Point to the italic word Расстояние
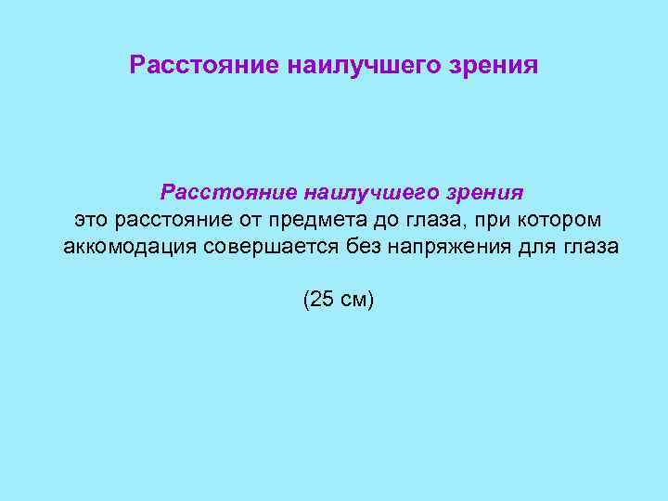[215, 192]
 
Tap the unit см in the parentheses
[353, 300]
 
